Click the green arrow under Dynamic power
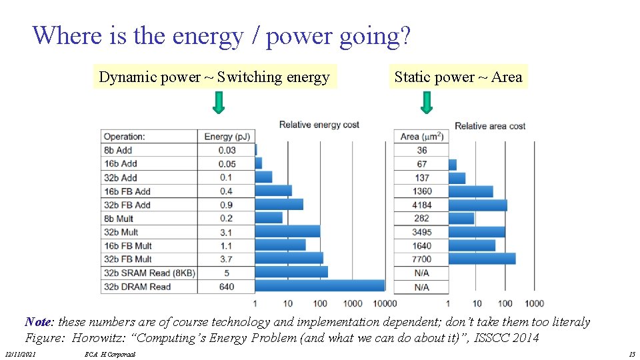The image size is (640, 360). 219,102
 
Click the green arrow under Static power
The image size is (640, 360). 427,102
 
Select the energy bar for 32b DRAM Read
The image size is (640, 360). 319,286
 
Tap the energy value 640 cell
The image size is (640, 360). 227,287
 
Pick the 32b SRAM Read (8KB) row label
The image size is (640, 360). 149,273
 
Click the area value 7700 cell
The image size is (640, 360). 421,259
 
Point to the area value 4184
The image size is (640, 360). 421,205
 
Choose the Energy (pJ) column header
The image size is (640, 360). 227,137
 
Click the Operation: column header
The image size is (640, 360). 124,137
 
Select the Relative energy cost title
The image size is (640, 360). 319,125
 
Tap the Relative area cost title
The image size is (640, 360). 490,125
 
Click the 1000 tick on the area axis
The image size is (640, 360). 533,304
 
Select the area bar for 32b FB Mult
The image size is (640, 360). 472,245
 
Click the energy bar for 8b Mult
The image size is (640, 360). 269,218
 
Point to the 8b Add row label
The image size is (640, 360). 118,150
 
